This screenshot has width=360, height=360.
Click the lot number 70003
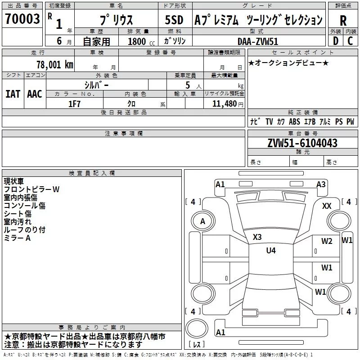tap(22, 19)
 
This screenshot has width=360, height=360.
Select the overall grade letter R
tap(343, 20)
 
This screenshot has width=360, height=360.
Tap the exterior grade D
tap(335, 40)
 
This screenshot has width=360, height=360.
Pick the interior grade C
tap(350, 40)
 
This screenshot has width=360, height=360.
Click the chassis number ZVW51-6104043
tap(302, 144)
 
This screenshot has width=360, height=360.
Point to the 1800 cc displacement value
tap(138, 41)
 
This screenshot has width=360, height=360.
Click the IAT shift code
tap(13, 94)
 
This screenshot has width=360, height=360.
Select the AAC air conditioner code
tap(35, 94)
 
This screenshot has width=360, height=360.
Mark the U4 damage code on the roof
tap(270, 251)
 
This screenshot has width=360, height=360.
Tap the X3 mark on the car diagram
tap(257, 237)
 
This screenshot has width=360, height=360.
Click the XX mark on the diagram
tap(327, 206)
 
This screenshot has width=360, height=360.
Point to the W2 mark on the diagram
tap(327, 241)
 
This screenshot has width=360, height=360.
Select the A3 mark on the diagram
tap(321, 184)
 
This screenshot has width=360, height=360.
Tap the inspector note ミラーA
tap(17, 238)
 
